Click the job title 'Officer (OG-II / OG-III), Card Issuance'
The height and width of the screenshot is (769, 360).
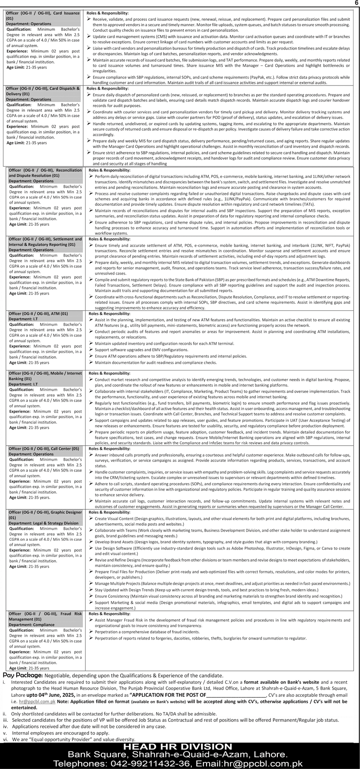tap(43, 13)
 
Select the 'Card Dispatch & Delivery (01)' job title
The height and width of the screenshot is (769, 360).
tap(43, 91)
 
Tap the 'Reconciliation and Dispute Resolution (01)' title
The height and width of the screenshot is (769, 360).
tap(45, 173)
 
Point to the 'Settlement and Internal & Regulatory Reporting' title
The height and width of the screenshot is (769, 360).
tap(45, 242)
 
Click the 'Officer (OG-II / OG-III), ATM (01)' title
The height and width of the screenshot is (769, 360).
tap(38, 313)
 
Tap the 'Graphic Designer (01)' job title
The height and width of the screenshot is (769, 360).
tap(45, 515)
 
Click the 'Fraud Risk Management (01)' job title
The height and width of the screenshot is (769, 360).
tap(45, 617)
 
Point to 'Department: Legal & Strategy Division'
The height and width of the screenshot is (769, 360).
tap(43, 523)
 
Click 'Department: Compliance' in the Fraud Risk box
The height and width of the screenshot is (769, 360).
tap(31, 625)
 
